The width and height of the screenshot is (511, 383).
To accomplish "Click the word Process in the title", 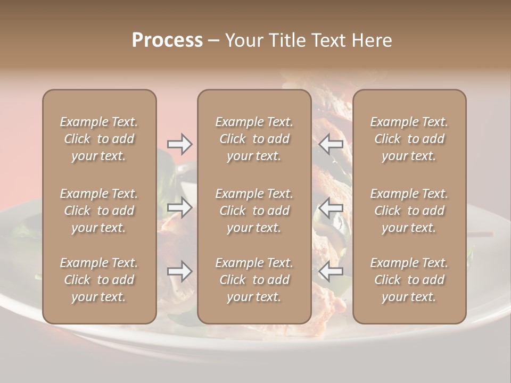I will point(167,40).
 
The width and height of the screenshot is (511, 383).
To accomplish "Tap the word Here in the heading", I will point(371,40).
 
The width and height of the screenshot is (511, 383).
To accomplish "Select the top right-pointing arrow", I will point(180,144).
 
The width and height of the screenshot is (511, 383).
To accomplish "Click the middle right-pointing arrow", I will point(180,207).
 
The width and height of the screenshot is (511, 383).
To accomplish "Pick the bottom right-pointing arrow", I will point(180,272).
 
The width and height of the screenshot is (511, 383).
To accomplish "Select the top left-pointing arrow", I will point(331,144).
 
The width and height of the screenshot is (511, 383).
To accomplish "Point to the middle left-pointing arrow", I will point(331,207).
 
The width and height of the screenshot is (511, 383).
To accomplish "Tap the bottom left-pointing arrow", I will point(331,272).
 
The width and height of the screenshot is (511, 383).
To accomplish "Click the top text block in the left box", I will point(99,139).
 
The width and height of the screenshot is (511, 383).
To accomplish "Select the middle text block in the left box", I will point(99,211).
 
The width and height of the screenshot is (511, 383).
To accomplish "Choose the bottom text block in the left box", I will point(99,280).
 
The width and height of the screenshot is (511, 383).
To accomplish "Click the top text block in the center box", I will point(254,139).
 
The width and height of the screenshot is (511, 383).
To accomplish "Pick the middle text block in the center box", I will point(254,211).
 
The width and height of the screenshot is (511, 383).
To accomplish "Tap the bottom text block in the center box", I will point(254,280).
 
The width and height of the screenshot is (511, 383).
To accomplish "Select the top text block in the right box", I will point(409,139).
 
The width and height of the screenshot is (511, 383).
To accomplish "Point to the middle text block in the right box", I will point(409,211).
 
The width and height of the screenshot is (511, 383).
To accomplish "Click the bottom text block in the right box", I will point(409,280).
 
